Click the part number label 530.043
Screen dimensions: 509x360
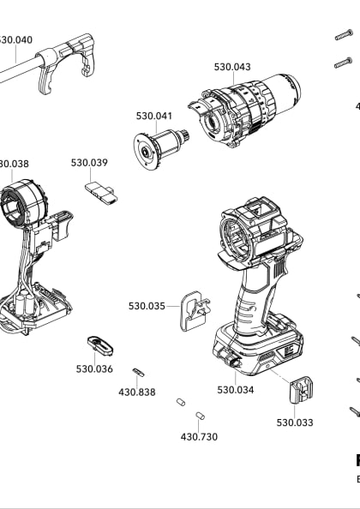[x=231, y=67]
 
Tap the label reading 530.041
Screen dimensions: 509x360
[x=154, y=116]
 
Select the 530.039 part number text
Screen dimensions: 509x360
[x=89, y=163]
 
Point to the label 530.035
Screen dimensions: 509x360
[x=147, y=306]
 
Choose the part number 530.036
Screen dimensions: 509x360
[x=94, y=368]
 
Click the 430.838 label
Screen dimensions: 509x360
[x=137, y=392]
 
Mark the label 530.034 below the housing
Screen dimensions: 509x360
[x=235, y=390]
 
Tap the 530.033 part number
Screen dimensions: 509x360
[x=294, y=422]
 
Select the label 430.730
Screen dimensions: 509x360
[x=199, y=436]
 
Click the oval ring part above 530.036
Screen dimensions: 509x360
[x=99, y=345]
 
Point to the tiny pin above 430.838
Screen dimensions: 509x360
[x=138, y=371]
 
